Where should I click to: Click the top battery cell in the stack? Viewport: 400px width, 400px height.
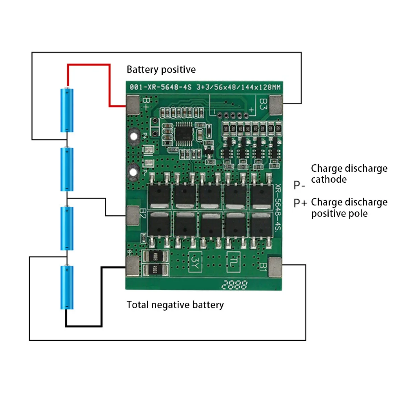coord(67,110)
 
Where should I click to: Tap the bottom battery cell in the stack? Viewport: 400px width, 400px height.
coord(67,287)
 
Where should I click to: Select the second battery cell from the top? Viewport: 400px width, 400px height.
coord(67,169)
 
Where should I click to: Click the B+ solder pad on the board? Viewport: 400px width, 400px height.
coord(133,105)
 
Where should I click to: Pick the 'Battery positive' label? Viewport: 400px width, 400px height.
coord(161,70)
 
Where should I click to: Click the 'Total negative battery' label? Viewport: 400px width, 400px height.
coord(175,305)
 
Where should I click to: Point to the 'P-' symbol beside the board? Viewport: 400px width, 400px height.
coord(300,185)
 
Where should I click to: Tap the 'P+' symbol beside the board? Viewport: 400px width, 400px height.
coord(301,203)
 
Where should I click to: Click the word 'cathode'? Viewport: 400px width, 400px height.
coord(329,180)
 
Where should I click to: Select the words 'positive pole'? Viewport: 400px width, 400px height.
coord(339,214)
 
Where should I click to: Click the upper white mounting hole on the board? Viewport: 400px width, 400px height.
coord(134,136)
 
